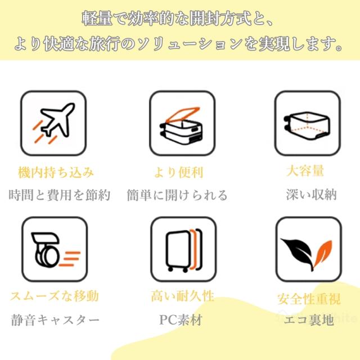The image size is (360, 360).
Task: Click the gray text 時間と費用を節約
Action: click(60, 196)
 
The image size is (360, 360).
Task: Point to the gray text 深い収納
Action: click(311, 195)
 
